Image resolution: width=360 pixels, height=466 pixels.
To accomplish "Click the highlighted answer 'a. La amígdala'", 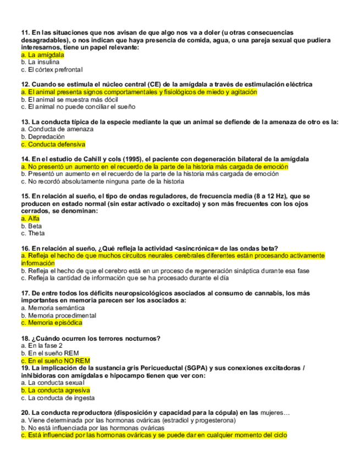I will point(42,55).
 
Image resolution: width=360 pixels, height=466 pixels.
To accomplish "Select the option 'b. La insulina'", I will point(40,62).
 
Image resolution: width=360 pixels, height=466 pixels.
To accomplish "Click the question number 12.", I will point(25,85).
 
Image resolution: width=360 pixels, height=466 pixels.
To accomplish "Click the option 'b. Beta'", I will point(31,226).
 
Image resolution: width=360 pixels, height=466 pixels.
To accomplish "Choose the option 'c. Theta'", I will point(32,234).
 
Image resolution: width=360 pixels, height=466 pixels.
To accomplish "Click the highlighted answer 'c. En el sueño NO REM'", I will point(55,360).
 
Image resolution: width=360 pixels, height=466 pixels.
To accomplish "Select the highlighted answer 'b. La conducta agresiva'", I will point(55,390).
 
